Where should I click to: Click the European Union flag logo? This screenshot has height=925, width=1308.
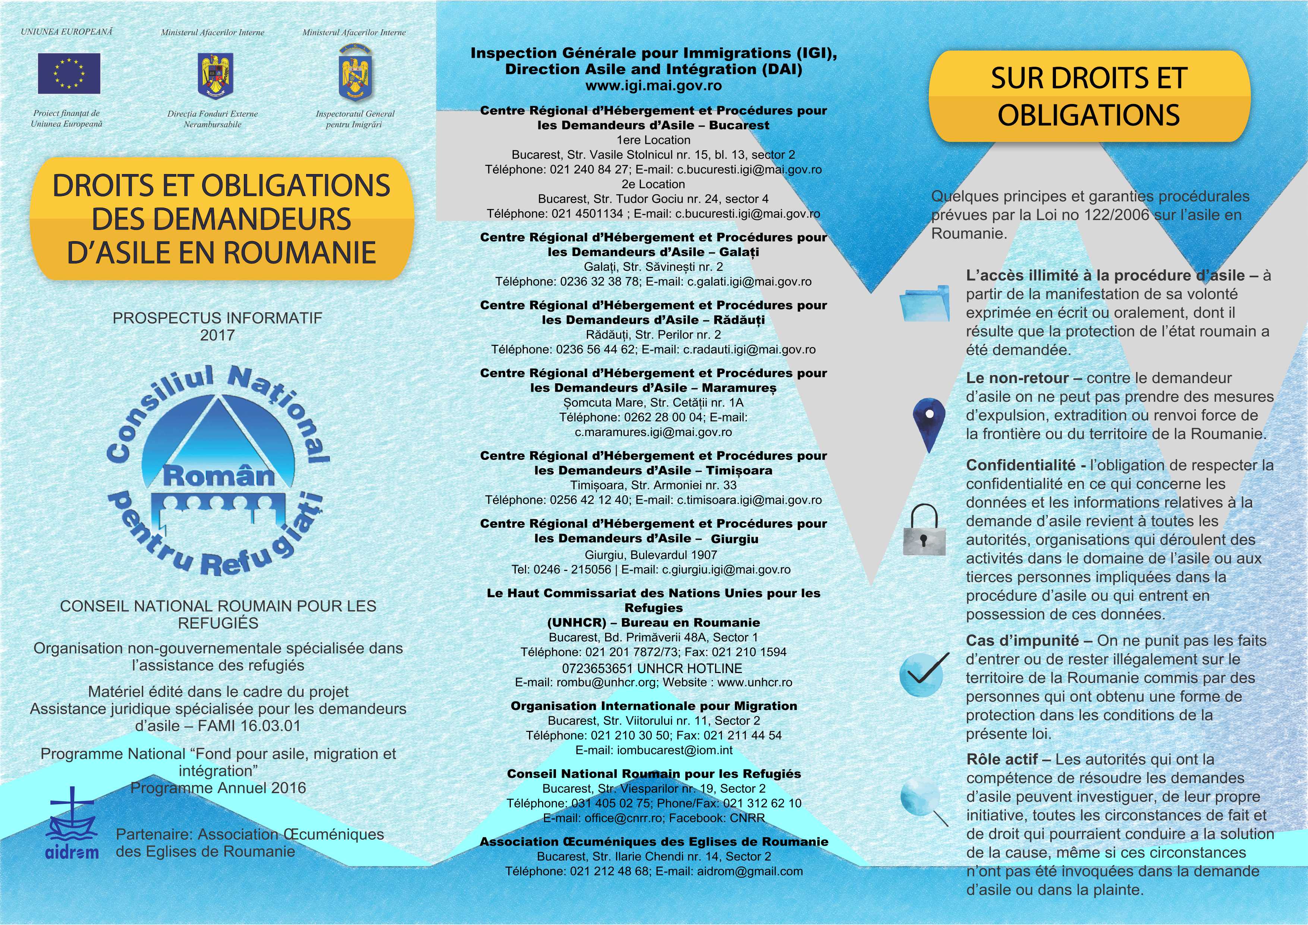69,73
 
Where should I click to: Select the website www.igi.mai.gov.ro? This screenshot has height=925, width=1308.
653,86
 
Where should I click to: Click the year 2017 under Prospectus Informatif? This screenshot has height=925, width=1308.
217,335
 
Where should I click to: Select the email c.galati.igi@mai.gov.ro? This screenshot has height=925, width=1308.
749,281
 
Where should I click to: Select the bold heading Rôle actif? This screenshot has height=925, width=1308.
1008,759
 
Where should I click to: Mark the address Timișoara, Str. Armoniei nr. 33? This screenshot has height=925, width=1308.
653,485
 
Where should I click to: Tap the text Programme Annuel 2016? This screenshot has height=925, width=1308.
218,788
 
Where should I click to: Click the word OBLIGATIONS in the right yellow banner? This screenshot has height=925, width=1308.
1089,115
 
